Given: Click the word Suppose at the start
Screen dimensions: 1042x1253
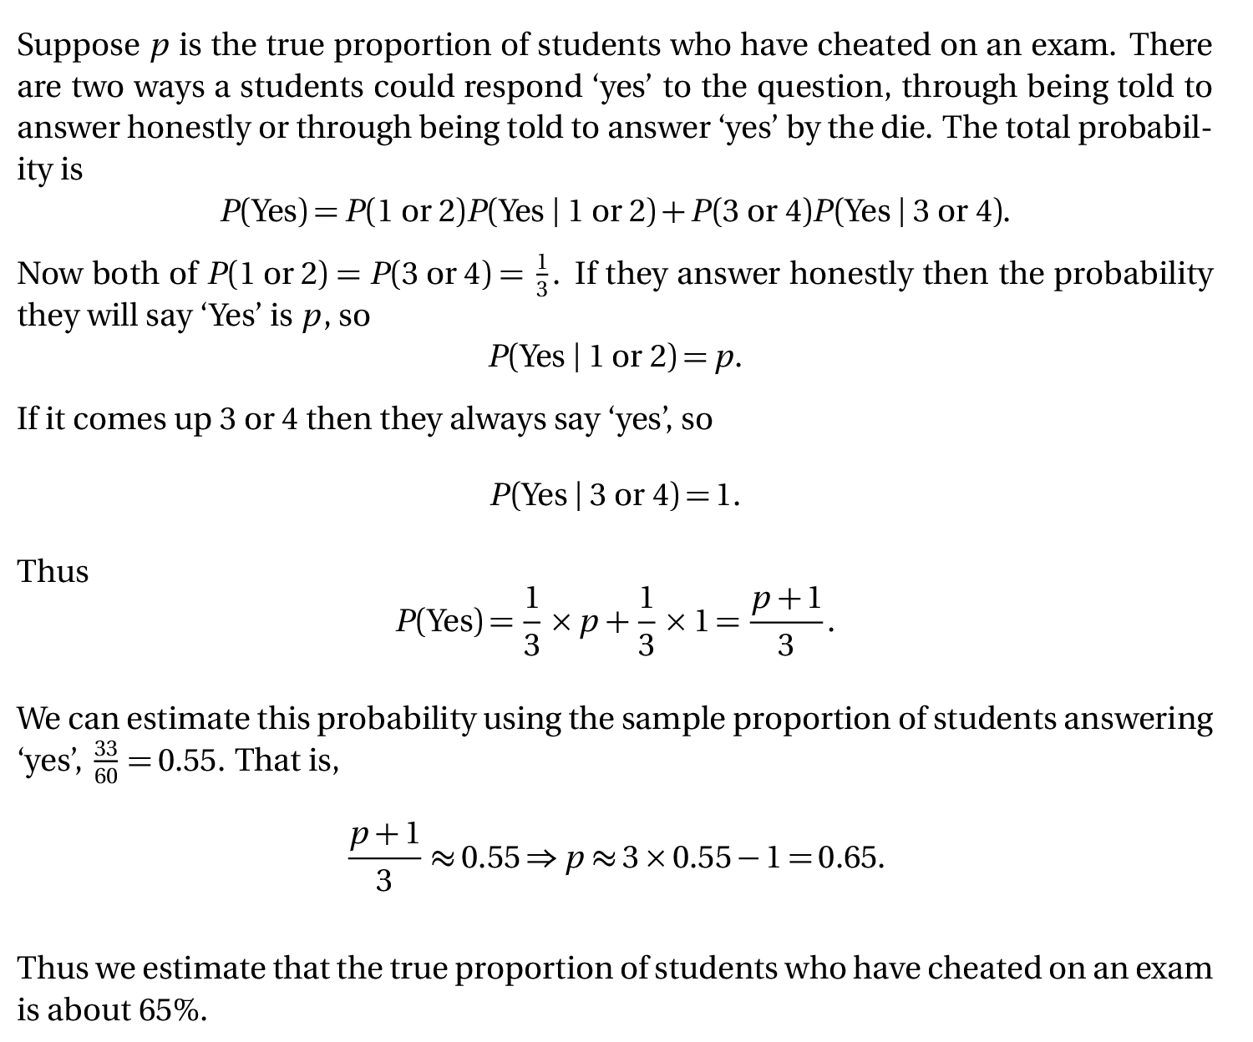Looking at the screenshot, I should pyautogui.click(x=78, y=46).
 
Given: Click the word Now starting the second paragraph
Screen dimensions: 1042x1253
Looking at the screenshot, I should pyautogui.click(x=49, y=274).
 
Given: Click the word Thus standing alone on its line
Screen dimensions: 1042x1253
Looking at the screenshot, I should pyautogui.click(x=53, y=572).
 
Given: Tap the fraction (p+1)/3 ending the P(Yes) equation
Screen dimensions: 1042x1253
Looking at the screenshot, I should pyautogui.click(x=786, y=622).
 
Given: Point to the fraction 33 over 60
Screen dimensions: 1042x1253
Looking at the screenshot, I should pyautogui.click(x=106, y=761).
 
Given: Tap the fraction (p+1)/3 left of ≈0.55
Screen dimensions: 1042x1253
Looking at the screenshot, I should pyautogui.click(x=384, y=857).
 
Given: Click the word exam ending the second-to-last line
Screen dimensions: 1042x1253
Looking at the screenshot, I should pyautogui.click(x=1174, y=969).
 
